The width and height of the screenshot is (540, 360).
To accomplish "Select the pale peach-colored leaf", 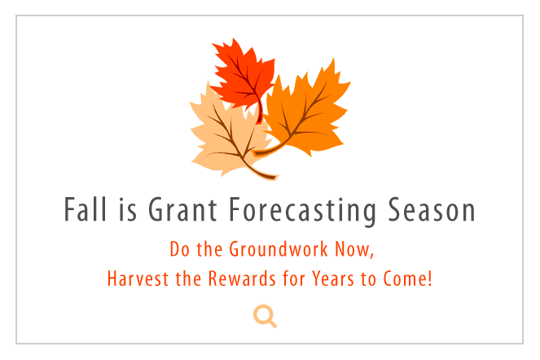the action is [227, 138].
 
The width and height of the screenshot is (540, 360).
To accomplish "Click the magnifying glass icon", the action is [265, 316].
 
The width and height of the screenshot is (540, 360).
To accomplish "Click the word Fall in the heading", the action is [86, 209].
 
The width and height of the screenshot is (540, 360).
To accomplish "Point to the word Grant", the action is [182, 209].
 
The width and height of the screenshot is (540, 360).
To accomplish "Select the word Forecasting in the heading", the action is [302, 211].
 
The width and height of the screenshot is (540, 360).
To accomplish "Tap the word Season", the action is [432, 209].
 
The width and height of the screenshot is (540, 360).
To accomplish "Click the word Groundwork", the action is [279, 248].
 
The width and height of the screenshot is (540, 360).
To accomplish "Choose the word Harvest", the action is [138, 279].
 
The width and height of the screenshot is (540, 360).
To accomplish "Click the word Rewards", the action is [242, 279].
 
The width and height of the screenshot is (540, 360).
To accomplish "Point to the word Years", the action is [333, 279].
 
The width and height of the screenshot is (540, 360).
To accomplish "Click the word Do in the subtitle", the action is [179, 248].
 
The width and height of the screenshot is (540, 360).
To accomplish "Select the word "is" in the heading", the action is [128, 210].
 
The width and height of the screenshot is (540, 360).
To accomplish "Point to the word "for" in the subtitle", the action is [293, 279].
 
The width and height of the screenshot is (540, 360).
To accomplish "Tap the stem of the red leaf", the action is [260, 110].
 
